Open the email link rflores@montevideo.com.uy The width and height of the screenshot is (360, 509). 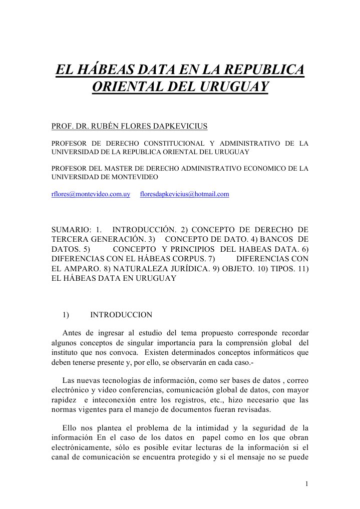(91, 194)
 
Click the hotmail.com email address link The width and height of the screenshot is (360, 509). (184, 194)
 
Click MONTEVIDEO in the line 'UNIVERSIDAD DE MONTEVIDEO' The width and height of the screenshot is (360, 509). (134, 177)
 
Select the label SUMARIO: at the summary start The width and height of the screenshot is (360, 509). (70, 230)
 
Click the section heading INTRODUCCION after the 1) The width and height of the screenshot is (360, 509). (121, 315)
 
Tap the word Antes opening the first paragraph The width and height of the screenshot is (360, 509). (73, 333)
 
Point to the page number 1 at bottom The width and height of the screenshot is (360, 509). (306, 483)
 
